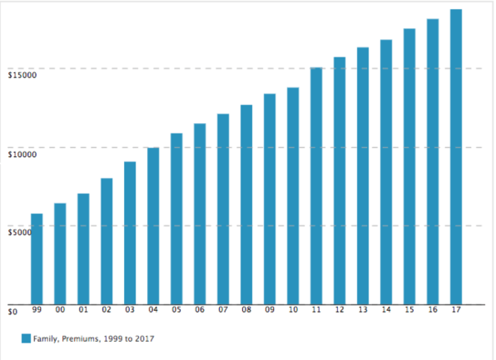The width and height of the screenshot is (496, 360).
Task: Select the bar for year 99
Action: pyautogui.click(x=37, y=259)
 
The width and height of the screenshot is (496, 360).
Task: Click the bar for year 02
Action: pyautogui.click(x=107, y=241)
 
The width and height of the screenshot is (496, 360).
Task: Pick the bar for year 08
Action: pyautogui.click(x=246, y=205)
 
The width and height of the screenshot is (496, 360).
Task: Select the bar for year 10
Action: pyautogui.click(x=293, y=195)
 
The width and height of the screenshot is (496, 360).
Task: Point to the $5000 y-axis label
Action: pyautogui.click(x=19, y=233)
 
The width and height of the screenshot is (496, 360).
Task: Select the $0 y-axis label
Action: pyautogui.click(x=12, y=312)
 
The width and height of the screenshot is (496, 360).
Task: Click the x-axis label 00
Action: pyautogui.click(x=60, y=309)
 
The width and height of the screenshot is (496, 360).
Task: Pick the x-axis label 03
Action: pyautogui.click(x=130, y=309)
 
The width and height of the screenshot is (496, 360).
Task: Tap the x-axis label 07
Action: pyautogui.click(x=223, y=309)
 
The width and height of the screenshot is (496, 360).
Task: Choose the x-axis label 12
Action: pyautogui.click(x=340, y=309)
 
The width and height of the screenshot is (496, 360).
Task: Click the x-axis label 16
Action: pyautogui.click(x=433, y=309)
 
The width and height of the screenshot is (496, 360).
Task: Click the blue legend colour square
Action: pyautogui.click(x=26, y=338)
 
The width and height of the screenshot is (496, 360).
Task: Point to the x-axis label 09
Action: pyautogui.click(x=270, y=309)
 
